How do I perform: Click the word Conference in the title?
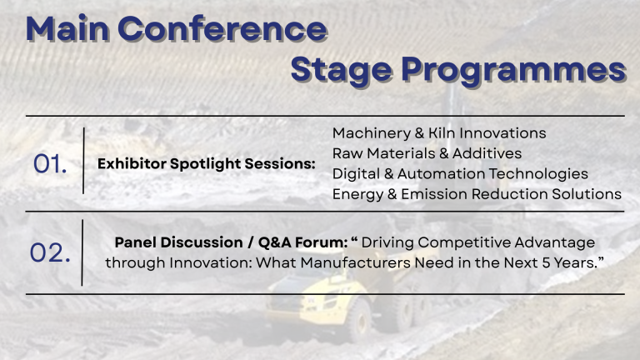tap(222, 29)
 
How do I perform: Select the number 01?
tap(50, 164)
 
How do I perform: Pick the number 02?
tap(50, 252)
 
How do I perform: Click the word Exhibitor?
tap(132, 163)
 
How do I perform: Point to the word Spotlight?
tap(205, 164)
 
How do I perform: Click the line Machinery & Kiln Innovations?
tap(439, 133)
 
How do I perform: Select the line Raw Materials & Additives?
tap(427, 153)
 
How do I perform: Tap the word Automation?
tap(441, 174)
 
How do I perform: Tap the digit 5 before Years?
tap(546, 262)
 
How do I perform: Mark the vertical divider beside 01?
tap(83, 160)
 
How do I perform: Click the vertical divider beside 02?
tap(82, 252)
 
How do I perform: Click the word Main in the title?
tap(67, 28)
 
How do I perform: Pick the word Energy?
tap(358, 195)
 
